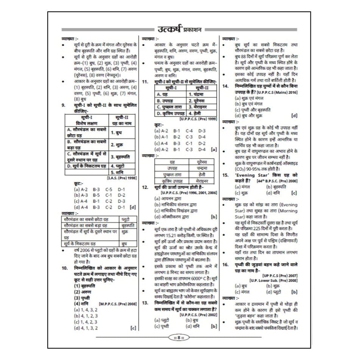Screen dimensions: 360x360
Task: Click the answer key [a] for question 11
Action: [214, 149]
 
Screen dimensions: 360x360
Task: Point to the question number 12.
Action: [145, 187]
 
